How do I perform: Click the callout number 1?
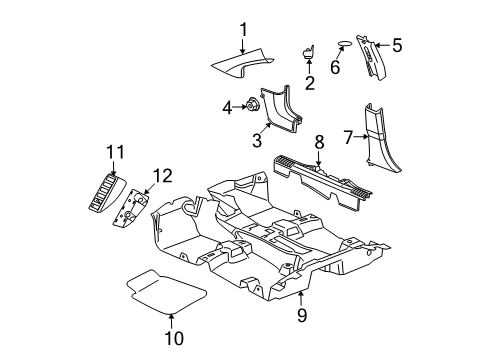click(x=241, y=28)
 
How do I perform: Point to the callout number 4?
click(x=228, y=105)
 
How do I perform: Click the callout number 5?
click(x=397, y=44)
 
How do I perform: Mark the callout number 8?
click(x=319, y=142)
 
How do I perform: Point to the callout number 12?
click(x=162, y=176)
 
